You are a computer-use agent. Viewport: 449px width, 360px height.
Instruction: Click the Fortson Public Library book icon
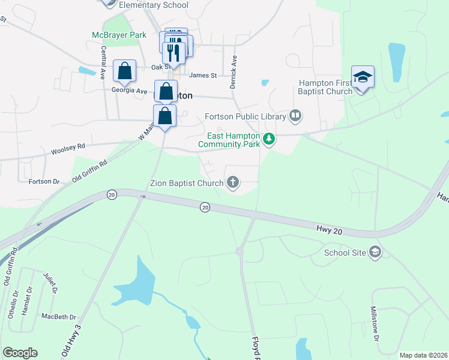295,115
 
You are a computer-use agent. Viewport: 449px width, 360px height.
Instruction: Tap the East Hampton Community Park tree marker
270,140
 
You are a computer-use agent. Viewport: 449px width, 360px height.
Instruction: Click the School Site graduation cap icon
376,251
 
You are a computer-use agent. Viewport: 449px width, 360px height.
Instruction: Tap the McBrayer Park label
119,35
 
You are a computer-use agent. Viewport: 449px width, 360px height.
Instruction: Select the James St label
202,75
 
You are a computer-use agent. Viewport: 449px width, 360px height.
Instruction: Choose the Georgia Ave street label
129,91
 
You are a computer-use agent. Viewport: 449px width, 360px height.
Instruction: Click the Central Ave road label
103,64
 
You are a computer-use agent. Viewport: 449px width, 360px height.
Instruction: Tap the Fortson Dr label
44,181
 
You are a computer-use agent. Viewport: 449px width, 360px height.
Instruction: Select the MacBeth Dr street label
59,317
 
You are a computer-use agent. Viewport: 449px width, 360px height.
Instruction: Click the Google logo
20,353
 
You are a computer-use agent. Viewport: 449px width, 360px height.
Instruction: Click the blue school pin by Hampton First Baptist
363,77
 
